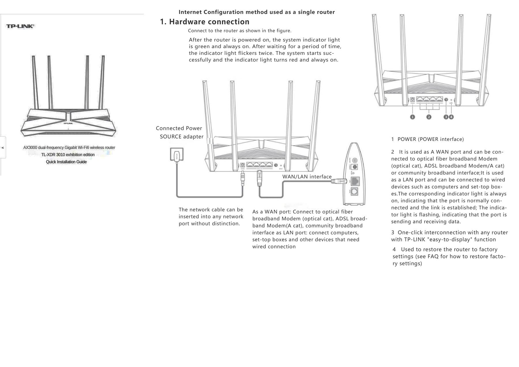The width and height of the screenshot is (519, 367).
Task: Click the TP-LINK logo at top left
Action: pyautogui.click(x=20, y=26)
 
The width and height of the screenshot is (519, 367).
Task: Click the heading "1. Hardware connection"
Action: pyautogui.click(x=205, y=22)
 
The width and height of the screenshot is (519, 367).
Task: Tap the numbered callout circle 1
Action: pyautogui.click(x=413, y=117)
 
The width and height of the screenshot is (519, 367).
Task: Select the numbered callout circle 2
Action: pyautogui.click(x=429, y=117)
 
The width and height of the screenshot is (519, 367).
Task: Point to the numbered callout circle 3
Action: pyautogui.click(x=446, y=117)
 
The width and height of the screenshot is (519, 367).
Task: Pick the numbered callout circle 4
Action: pyautogui.click(x=451, y=117)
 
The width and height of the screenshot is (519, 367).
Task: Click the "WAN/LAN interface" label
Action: pyautogui.click(x=307, y=177)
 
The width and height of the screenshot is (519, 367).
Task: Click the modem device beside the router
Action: pyautogui.click(x=353, y=175)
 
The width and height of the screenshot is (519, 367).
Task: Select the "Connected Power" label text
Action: pyautogui.click(x=179, y=128)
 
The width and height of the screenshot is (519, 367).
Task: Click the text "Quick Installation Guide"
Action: pyautogui.click(x=66, y=162)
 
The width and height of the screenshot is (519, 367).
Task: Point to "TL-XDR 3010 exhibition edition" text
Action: pyautogui.click(x=68, y=155)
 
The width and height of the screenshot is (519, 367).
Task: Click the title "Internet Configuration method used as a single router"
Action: pyautogui.click(x=257, y=12)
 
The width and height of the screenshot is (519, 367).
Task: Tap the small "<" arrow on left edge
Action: pyautogui.click(x=3, y=148)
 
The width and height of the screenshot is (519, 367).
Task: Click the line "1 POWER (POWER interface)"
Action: pyautogui.click(x=427, y=139)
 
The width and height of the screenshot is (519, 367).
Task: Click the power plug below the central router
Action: pyautogui.click(x=243, y=179)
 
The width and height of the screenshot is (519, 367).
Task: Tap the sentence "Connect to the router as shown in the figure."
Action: pyautogui.click(x=240, y=31)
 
